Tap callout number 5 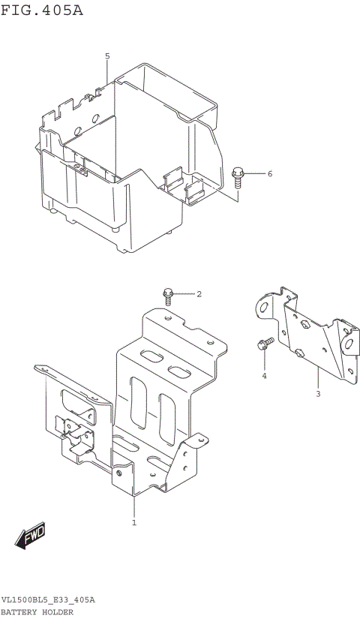pyautogui.click(x=107, y=56)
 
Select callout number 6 pyautogui.click(x=249, y=174)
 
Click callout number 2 pyautogui.click(x=199, y=294)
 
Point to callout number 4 pyautogui.click(x=264, y=375)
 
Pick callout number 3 pyautogui.click(x=317, y=393)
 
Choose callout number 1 pyautogui.click(x=134, y=522)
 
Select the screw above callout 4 pyautogui.click(x=263, y=344)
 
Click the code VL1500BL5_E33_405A pyautogui.click(x=48, y=601)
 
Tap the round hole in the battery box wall pyautogui.click(x=95, y=118)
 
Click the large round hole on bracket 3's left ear pyautogui.click(x=263, y=306)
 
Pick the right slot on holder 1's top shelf pyautogui.click(x=178, y=371)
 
